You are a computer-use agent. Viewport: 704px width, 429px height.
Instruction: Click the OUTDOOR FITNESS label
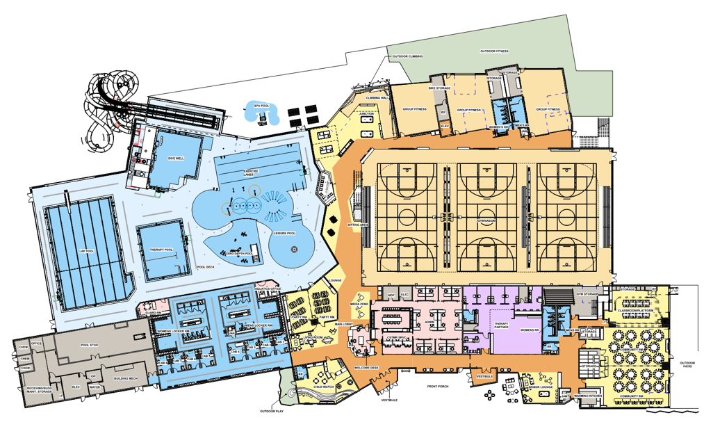coord(494,51)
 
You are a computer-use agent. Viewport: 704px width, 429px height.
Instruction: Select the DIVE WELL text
coord(176,159)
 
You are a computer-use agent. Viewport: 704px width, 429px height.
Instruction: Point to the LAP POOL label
coord(86,251)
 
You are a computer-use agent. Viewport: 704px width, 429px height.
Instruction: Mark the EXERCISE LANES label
coord(251,172)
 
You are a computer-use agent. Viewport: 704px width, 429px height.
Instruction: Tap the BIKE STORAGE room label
coord(439,89)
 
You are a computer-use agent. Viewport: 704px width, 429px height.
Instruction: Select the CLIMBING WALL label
coord(377,98)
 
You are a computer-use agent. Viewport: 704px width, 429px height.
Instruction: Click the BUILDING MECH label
coord(126,379)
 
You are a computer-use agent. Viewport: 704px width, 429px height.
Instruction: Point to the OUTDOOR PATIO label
coord(687,364)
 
